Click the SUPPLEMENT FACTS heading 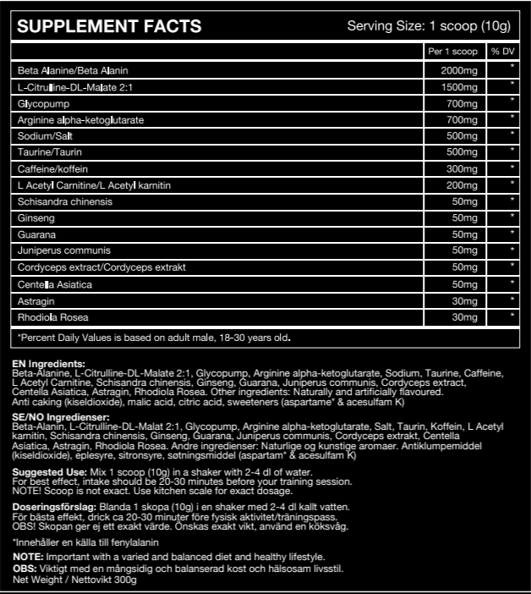pos(110,26)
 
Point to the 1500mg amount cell pos(460,86)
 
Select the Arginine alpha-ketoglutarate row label pos(80,120)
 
